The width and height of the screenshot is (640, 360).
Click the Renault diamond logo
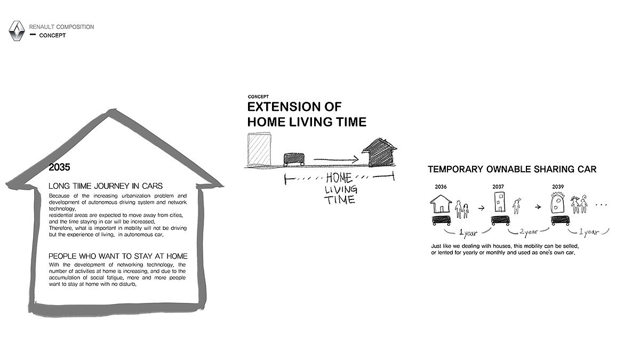17,31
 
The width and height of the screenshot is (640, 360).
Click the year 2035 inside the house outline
59,167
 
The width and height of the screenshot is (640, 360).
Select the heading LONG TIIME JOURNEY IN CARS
99,186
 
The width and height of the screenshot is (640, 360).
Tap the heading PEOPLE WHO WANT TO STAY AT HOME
118,256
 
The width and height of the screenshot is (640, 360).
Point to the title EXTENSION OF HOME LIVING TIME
307,114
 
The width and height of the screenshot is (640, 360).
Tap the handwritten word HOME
339,178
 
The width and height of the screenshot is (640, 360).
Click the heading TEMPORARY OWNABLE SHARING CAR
512,169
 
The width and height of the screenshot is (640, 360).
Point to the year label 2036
441,187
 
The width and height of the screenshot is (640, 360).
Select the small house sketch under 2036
441,203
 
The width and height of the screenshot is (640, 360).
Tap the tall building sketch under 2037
500,202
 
